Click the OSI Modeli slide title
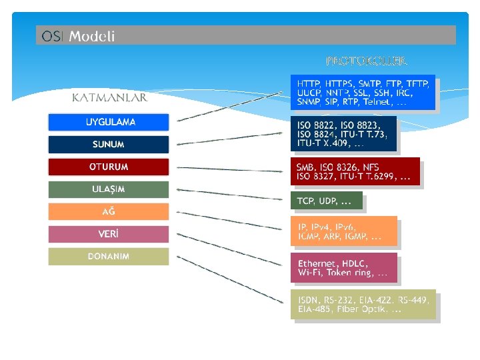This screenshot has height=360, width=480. click(x=78, y=36)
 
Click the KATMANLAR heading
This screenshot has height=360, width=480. click(x=109, y=98)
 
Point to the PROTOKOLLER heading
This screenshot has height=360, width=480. click(x=366, y=61)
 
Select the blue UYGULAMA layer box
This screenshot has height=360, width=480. click(x=109, y=122)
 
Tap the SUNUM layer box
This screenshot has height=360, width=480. click(x=109, y=145)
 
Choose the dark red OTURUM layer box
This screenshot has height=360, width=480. click(x=109, y=167)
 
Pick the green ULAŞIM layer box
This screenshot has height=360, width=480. click(x=109, y=189)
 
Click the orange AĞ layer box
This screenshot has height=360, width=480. click(x=109, y=212)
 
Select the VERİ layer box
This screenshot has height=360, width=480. click(x=109, y=234)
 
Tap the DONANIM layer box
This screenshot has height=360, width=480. click(x=109, y=257)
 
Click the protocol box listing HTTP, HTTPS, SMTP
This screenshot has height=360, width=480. click(x=363, y=93)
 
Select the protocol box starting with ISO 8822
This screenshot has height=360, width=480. click(x=343, y=134)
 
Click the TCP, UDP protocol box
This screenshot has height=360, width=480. click(x=326, y=201)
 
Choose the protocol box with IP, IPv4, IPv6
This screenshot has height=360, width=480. click(x=343, y=231)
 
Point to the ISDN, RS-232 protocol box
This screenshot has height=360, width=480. click(x=363, y=305)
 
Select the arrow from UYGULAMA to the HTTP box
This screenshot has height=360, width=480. click(x=230, y=106)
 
